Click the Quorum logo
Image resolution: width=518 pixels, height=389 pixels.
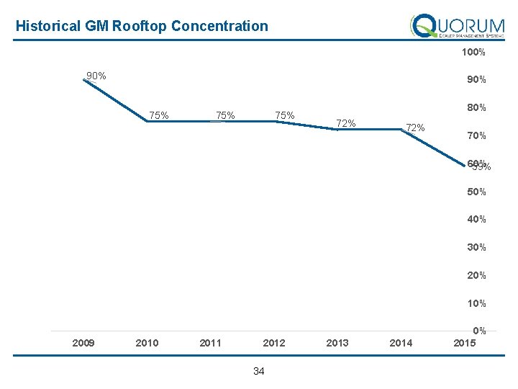457,27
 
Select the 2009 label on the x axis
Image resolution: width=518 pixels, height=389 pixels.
83,343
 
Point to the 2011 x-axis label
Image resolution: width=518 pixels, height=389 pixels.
210,343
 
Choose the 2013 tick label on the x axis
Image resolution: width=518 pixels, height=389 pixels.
337,343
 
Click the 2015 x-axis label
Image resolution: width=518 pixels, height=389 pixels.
465,343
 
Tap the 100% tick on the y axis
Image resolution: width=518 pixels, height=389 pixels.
473,53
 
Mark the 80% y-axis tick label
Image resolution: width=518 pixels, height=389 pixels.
476,108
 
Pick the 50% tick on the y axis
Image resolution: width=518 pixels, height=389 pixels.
476,192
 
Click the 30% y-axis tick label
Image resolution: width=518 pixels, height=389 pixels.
476,247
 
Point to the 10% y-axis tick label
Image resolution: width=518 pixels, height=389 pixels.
476,303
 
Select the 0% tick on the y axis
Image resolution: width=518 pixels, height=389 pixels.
480,331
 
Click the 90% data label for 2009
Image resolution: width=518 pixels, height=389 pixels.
96,76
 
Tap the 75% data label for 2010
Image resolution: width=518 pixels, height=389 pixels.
159,115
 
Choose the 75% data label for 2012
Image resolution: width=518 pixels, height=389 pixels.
284,115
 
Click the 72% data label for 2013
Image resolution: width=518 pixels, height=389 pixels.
346,123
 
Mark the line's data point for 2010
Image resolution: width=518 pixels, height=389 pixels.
147,122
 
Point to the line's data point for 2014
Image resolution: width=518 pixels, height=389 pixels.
401,130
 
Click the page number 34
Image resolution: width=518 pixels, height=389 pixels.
259,372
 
